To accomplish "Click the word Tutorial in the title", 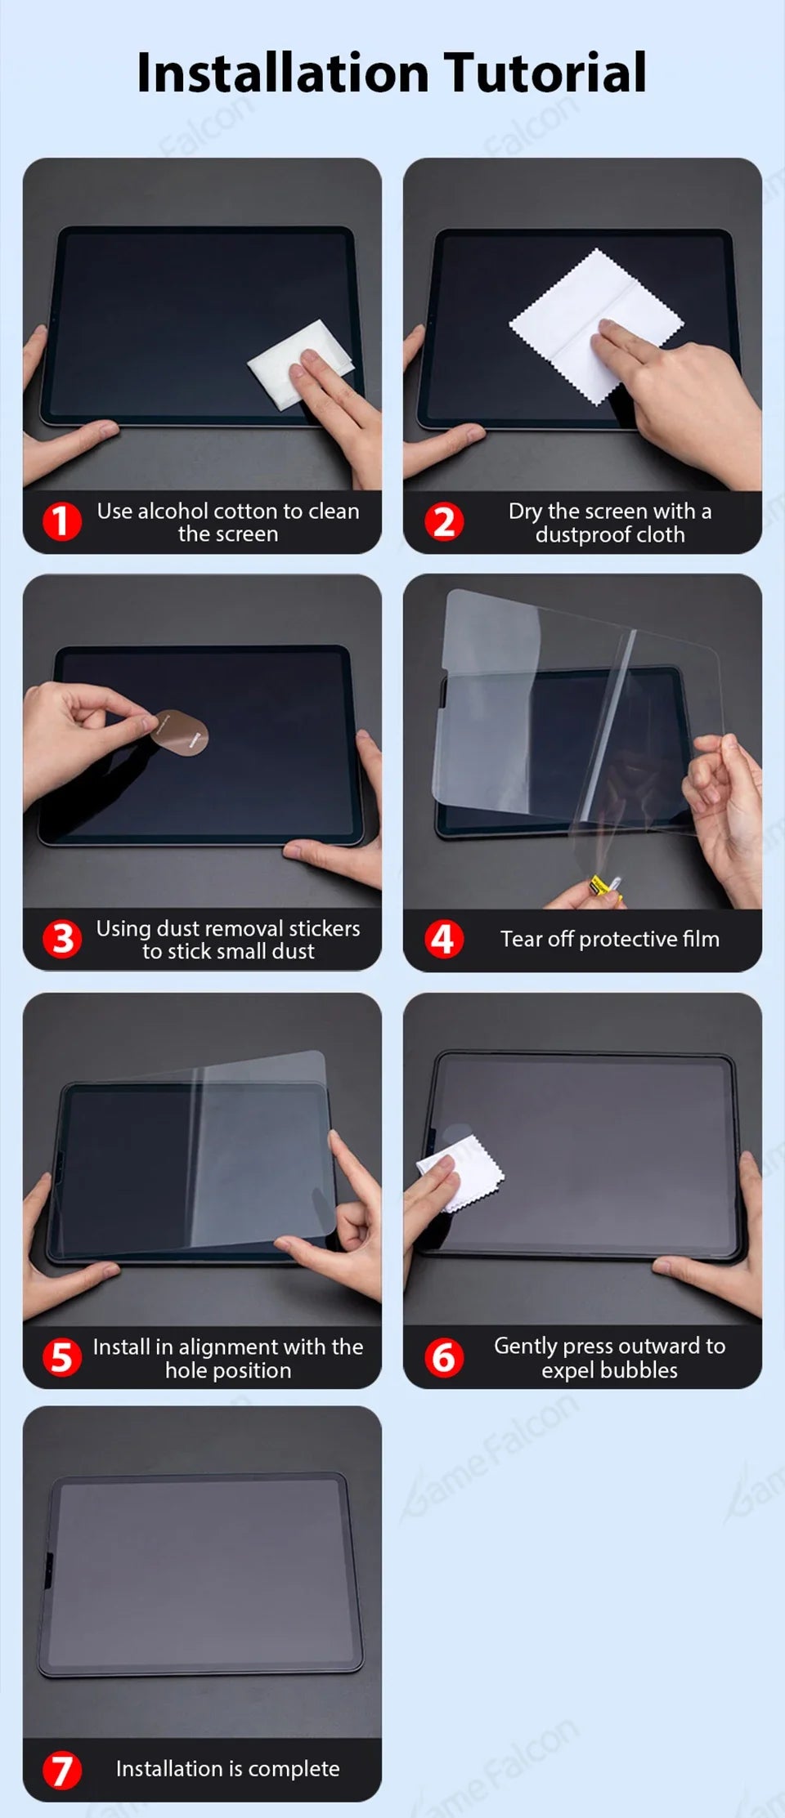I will (x=545, y=74).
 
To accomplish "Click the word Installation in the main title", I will (x=282, y=74).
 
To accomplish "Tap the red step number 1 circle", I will (x=62, y=522).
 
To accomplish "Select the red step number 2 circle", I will (x=444, y=522).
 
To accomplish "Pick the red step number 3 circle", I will (x=62, y=939).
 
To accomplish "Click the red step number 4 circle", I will (x=444, y=939).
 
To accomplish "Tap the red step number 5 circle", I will (x=62, y=1358).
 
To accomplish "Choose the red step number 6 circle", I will (x=444, y=1358).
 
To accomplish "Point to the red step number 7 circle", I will (x=62, y=1771).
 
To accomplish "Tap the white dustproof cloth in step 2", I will (x=572, y=319).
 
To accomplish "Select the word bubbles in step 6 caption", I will (x=642, y=1370).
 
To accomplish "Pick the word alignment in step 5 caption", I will (x=231, y=1347).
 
